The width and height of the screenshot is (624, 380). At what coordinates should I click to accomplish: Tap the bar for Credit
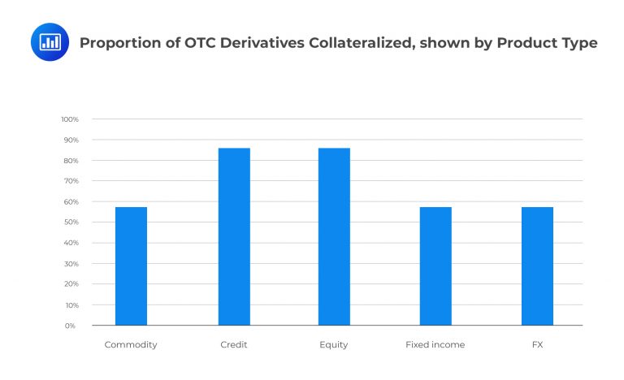pos(234,236)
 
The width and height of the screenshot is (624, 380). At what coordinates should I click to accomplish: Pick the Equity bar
pos(334,236)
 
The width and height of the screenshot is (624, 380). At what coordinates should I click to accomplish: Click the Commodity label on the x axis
pos(131,345)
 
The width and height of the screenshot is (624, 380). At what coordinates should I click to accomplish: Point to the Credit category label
pos(234,345)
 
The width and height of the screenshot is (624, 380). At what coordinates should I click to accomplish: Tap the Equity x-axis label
pos(334,345)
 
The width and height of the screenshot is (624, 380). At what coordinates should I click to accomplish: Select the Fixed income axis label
pos(435,345)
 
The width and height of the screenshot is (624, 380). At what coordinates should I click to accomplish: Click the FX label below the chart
pos(537,345)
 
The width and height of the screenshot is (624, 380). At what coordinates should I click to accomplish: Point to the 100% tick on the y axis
pos(69,119)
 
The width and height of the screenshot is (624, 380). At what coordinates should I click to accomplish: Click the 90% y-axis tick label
pos(71,140)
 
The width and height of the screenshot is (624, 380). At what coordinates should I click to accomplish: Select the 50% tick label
pos(71,222)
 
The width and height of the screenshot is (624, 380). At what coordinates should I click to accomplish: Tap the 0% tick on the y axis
pos(72,326)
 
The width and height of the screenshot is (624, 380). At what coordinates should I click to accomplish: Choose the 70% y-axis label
pos(71,181)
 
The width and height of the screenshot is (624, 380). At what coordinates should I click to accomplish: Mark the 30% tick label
pos(71,264)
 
